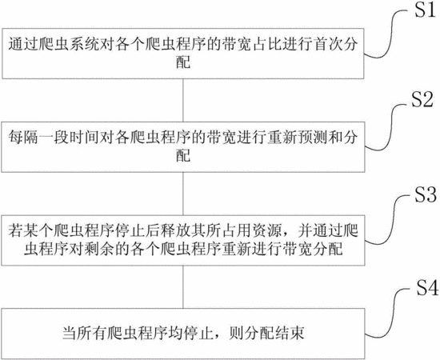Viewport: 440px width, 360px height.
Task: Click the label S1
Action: [x=425, y=10]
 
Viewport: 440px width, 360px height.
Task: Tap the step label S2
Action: [x=422, y=100]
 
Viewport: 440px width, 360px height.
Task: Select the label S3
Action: [x=426, y=194]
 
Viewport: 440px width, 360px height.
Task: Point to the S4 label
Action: [x=427, y=287]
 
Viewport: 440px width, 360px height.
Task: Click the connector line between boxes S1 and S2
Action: [x=183, y=100]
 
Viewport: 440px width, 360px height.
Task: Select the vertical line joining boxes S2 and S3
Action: [x=183, y=194]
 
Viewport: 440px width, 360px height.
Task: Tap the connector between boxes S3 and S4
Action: [x=183, y=286]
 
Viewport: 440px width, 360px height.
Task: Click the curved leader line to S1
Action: [x=387, y=34]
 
